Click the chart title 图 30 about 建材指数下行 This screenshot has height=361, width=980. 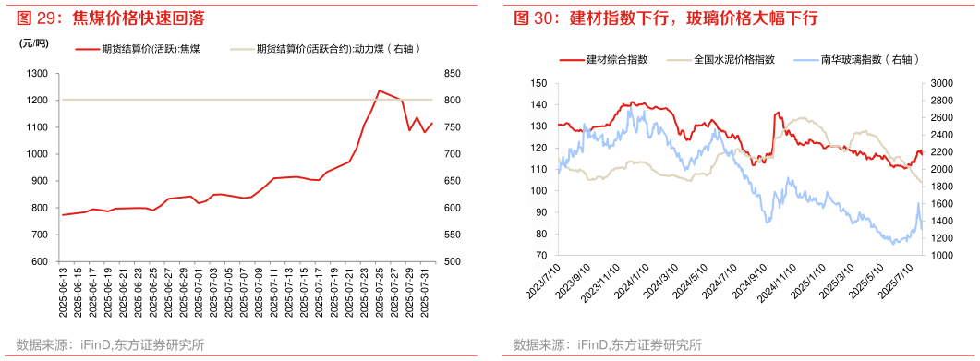click(665, 18)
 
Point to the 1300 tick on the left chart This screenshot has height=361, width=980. click(38, 73)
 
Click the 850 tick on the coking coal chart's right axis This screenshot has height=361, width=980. click(452, 73)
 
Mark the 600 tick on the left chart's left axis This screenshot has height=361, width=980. click(38, 262)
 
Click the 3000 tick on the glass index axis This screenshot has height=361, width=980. click(941, 83)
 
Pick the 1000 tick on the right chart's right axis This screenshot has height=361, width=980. click(941, 256)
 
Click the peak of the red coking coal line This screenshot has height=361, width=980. click(380, 90)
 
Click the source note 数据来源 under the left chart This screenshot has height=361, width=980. click(111, 345)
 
